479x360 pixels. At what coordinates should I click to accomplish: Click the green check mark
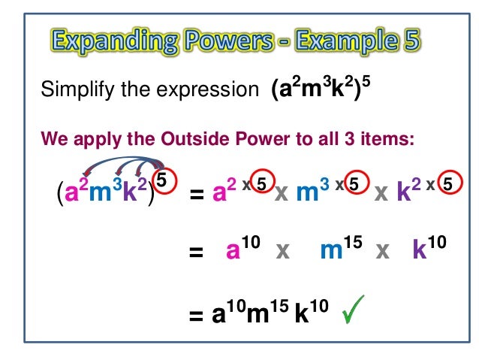coord(355,310)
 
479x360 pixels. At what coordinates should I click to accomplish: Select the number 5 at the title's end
coord(407,38)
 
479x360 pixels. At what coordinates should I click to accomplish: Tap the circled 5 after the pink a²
coord(259,183)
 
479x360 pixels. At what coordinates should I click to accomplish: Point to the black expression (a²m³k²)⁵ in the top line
coord(320,93)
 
